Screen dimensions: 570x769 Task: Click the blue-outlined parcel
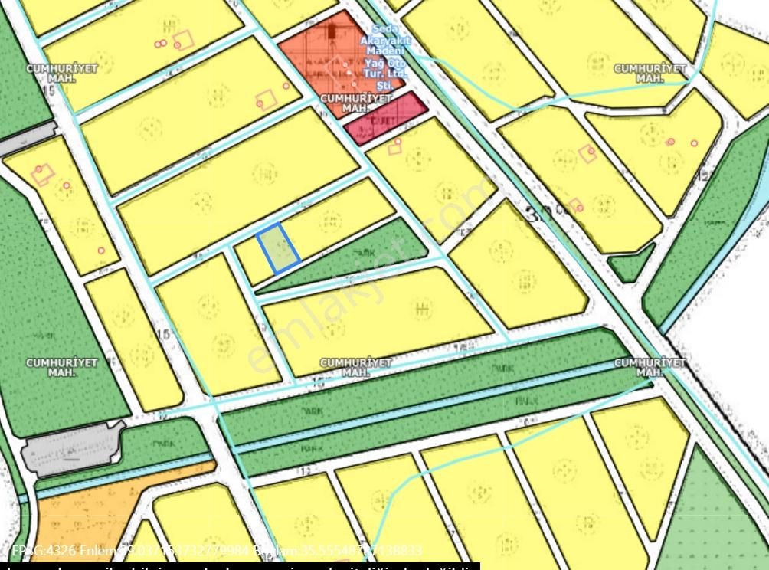279,248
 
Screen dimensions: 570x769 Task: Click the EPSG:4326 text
43,551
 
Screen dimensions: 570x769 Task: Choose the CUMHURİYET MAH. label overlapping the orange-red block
356,103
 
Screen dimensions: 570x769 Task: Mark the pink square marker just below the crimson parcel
395,146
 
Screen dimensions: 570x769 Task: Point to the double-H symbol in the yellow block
420,308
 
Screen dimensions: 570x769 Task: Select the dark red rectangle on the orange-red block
332,31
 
